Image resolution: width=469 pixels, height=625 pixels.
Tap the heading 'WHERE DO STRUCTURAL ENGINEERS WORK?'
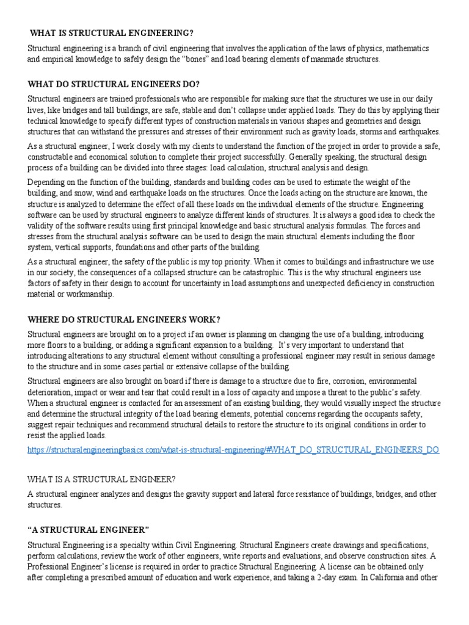(x=124, y=319)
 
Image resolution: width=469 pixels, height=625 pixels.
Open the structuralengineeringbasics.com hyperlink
(x=233, y=450)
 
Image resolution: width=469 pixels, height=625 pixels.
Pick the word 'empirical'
(x=60, y=59)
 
